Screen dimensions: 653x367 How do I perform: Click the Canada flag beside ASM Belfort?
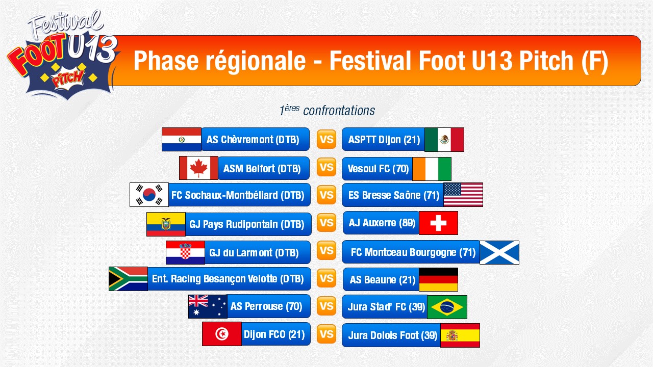click(198, 168)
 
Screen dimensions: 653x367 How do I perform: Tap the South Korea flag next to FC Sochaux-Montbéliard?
click(149, 195)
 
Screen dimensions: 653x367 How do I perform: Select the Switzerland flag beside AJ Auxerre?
click(438, 223)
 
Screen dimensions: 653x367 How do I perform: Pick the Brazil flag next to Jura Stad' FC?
click(447, 307)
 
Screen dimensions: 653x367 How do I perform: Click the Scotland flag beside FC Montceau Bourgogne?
click(499, 252)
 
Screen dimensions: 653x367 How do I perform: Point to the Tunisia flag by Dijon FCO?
click(221, 334)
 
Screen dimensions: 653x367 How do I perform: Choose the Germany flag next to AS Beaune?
click(438, 280)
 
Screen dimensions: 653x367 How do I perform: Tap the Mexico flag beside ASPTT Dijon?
click(444, 140)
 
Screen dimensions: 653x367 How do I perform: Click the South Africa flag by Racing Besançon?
click(128, 279)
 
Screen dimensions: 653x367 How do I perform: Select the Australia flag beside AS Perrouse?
click(208, 306)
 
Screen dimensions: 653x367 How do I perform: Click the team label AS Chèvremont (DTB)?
click(253, 140)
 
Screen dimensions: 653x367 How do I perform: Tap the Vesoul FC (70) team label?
click(378, 169)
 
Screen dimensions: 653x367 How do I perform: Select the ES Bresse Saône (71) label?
click(393, 195)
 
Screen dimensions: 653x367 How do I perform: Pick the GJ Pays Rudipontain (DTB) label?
click(246, 224)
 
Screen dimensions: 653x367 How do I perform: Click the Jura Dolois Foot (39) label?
click(392, 335)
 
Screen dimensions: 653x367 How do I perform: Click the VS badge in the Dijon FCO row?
click(326, 334)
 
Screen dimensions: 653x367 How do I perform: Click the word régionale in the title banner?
click(256, 61)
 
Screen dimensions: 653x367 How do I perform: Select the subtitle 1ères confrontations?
click(327, 111)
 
